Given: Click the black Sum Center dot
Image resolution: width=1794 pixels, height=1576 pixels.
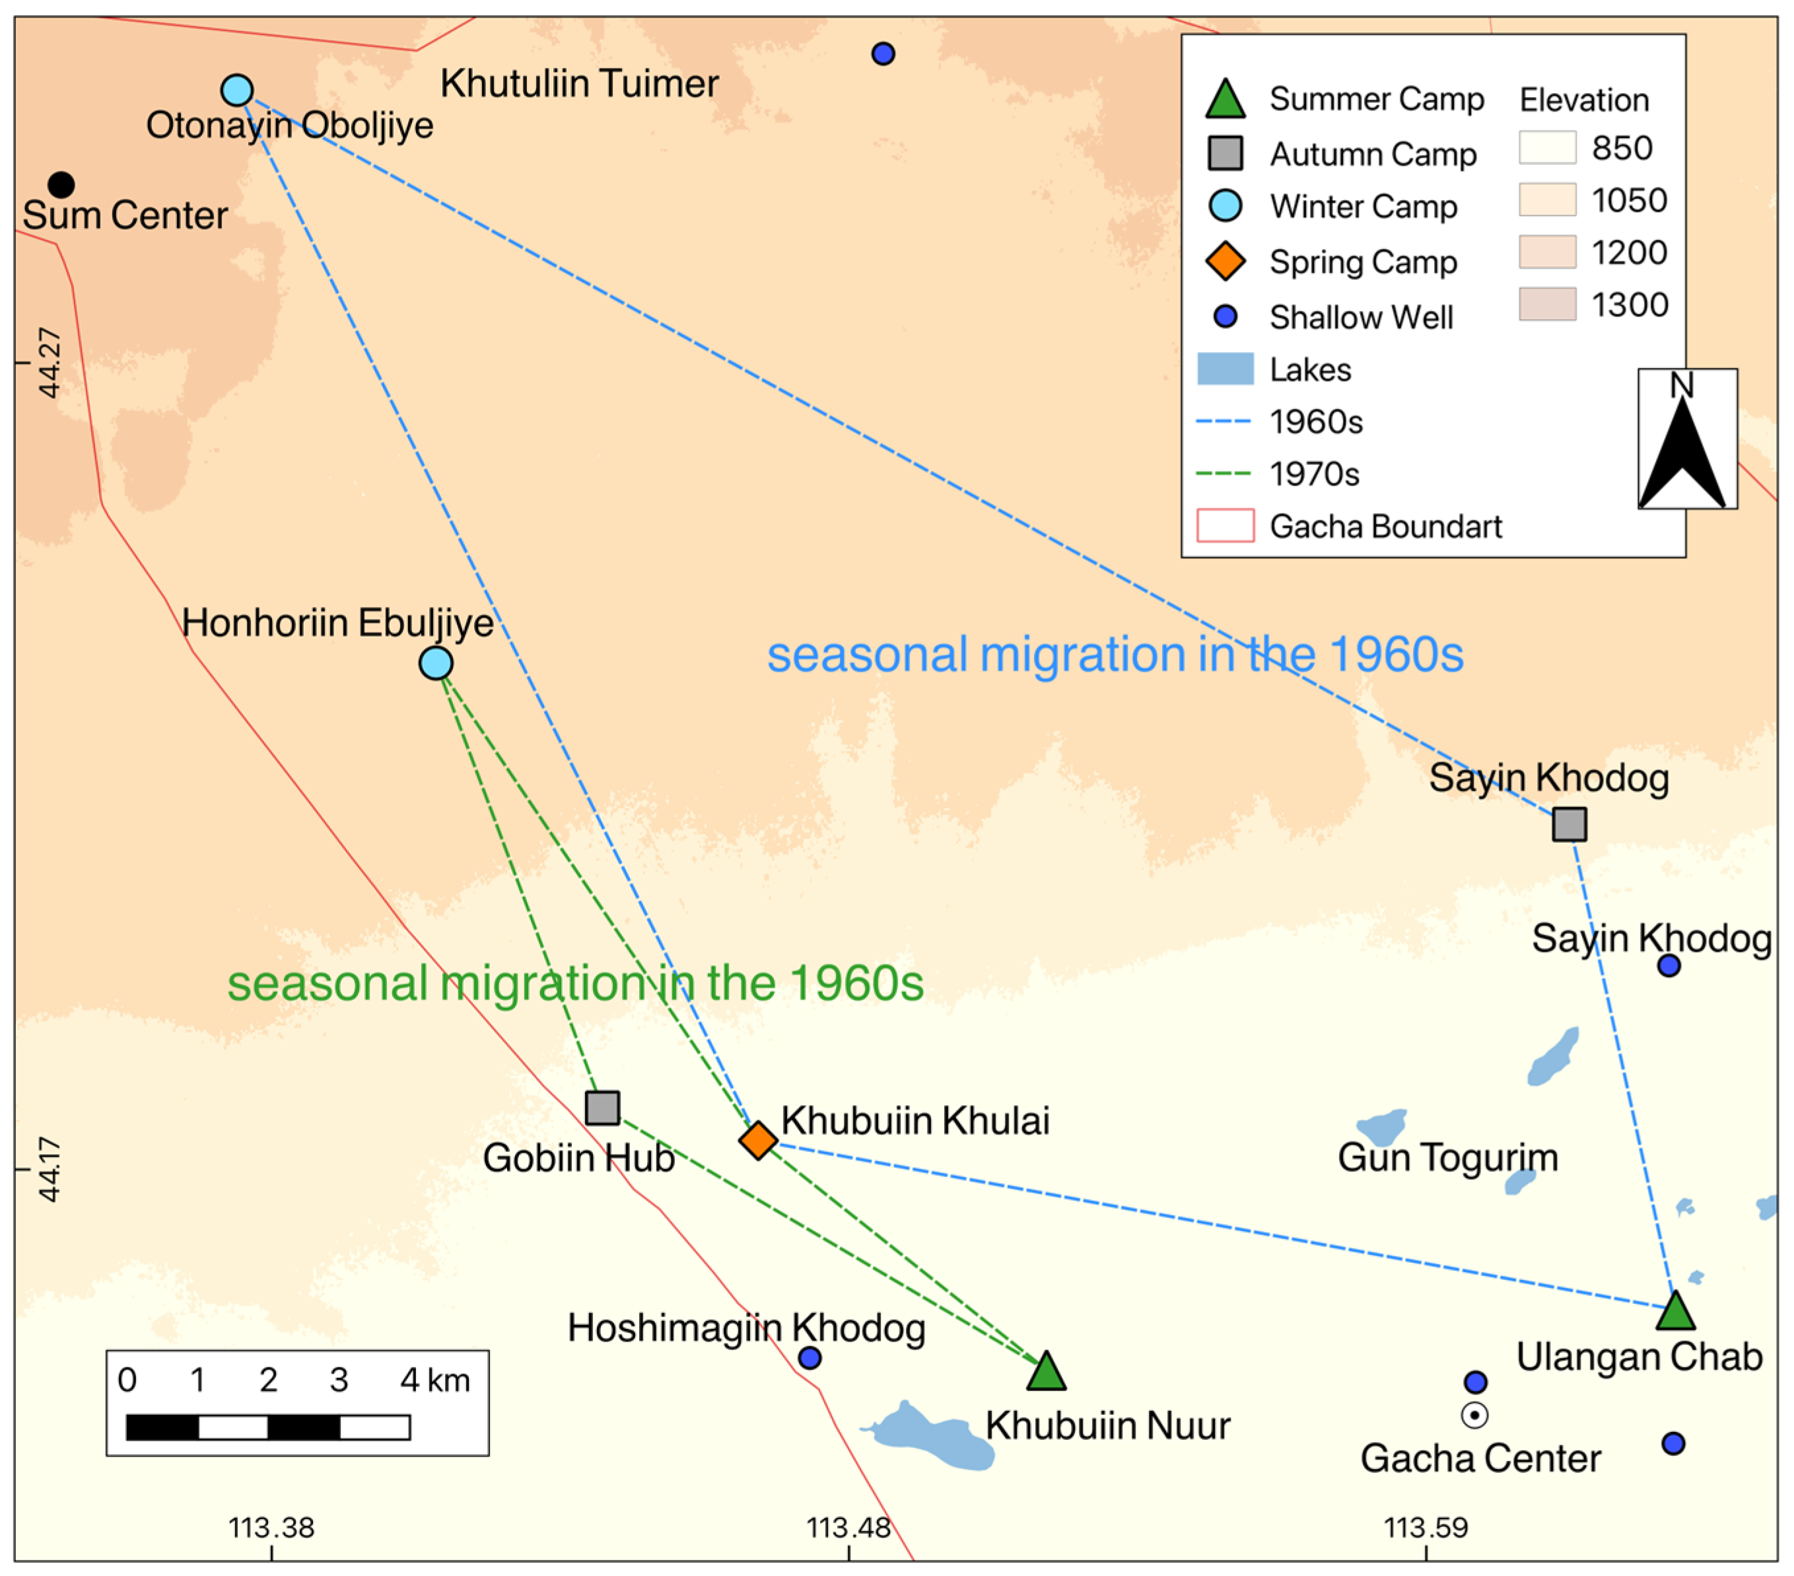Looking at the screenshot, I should click(x=61, y=184).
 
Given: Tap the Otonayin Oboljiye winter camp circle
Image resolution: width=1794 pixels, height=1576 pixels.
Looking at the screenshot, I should click(x=237, y=90).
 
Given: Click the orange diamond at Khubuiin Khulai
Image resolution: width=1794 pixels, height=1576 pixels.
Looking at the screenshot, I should click(x=758, y=1141).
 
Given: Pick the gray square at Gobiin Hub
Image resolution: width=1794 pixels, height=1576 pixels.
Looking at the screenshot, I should click(x=602, y=1108).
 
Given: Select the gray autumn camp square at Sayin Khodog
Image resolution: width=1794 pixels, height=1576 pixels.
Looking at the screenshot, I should click(x=1570, y=824).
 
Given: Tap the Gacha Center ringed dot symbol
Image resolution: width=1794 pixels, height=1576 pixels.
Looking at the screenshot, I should click(x=1474, y=1415).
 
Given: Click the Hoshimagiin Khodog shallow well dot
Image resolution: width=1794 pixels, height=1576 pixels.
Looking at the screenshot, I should click(x=810, y=1358).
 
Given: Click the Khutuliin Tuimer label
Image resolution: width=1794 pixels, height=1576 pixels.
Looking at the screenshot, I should click(x=579, y=85).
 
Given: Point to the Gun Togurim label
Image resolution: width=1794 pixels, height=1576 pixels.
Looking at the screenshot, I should click(x=1447, y=1157).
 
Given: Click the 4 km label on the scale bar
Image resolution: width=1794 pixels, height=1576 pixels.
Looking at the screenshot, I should click(x=434, y=1380).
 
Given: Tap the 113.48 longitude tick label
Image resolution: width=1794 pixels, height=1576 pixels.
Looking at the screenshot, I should click(x=848, y=1528).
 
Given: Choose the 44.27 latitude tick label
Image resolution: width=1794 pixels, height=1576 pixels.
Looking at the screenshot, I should click(x=50, y=363).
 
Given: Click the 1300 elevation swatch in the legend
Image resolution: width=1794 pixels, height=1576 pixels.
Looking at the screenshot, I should click(x=1547, y=304).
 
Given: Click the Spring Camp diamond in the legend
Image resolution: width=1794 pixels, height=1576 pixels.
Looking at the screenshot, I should click(x=1225, y=261).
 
